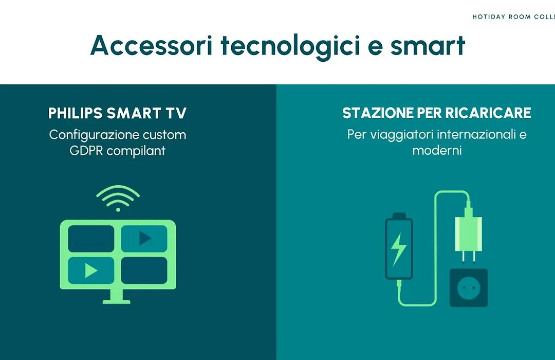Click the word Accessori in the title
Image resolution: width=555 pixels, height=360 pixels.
click(152, 45)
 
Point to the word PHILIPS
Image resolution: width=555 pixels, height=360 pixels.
click(75, 113)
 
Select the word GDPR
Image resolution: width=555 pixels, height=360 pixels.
click(86, 151)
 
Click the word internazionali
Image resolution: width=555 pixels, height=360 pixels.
click(476, 134)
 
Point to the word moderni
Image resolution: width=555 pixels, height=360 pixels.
click(437, 151)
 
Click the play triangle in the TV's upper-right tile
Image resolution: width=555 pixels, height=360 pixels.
click(145, 239)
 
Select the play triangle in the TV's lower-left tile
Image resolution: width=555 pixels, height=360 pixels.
click(91, 271)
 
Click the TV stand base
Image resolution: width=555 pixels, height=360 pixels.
click(117, 302)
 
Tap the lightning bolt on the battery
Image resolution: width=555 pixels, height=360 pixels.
click(398, 249)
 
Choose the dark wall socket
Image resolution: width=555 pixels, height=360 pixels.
click(469, 287)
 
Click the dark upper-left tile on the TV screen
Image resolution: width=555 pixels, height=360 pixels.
click(91, 239)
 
